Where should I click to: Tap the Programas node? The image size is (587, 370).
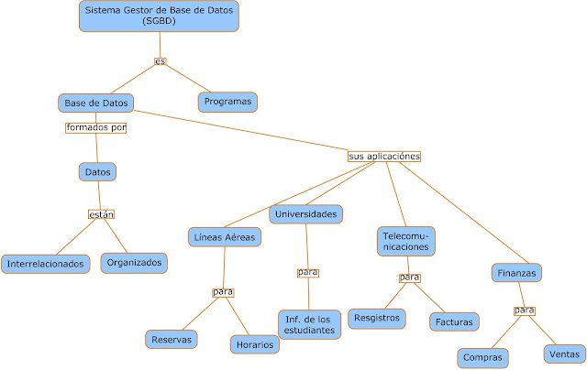227,101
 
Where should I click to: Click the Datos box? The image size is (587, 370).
98,171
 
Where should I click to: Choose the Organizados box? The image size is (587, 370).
134,262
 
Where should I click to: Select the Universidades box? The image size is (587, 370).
305,214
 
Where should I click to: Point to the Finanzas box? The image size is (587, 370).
516,272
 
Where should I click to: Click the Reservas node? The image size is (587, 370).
172,339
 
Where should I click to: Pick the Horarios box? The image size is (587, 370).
254,344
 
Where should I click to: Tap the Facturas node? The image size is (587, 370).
456,321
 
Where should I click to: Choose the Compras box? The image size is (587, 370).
483,357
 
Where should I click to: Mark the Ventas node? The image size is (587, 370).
563,352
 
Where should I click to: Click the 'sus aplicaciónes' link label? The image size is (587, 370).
384,157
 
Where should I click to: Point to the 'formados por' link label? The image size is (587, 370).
95,128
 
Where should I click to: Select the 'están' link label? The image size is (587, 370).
102,214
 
